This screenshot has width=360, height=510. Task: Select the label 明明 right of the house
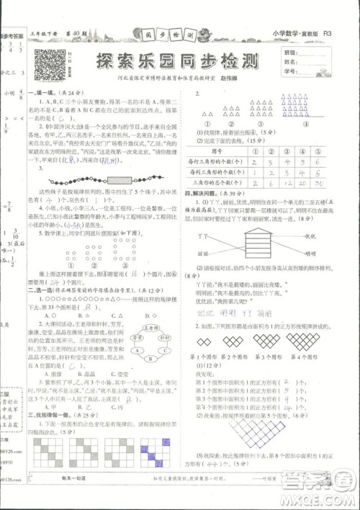pos(311,254)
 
